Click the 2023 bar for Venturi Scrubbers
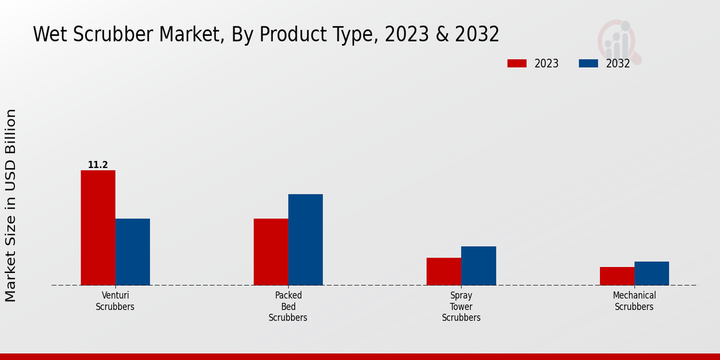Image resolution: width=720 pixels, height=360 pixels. click(98, 227)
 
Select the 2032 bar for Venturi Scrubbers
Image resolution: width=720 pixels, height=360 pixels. click(133, 251)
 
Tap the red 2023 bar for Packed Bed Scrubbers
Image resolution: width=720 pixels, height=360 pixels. click(271, 251)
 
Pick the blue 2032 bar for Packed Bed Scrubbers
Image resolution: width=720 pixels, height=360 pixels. click(305, 239)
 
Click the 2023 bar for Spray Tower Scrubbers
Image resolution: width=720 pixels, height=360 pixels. click(444, 271)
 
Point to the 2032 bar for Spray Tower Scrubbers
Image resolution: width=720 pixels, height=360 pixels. click(479, 265)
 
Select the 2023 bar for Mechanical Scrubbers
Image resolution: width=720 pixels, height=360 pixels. click(617, 276)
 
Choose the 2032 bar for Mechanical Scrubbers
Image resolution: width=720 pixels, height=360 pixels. click(652, 273)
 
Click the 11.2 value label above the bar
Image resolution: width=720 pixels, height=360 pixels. click(98, 164)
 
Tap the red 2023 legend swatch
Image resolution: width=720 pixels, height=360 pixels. click(517, 64)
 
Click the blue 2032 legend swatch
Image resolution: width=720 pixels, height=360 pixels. click(589, 64)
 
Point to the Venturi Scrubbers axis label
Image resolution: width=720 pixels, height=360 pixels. click(115, 301)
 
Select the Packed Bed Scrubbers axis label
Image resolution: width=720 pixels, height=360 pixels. click(288, 306)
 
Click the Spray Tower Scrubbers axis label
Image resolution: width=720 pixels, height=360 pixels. click(461, 306)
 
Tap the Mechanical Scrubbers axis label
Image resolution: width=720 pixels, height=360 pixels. click(634, 301)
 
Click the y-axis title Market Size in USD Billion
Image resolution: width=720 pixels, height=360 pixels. click(11, 205)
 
